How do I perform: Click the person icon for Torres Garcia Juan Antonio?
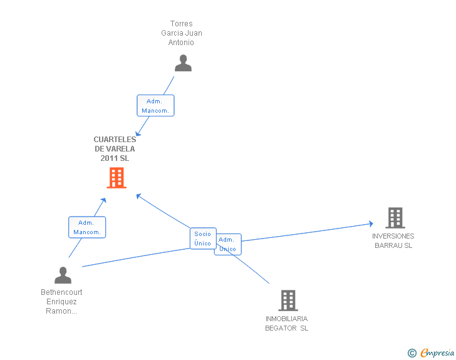(x=183, y=63)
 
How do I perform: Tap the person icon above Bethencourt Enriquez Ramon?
(x=63, y=275)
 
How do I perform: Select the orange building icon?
(x=117, y=178)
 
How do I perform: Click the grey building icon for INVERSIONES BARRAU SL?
(x=395, y=218)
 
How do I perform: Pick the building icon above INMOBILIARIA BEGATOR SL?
(x=288, y=301)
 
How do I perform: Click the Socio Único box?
(x=203, y=239)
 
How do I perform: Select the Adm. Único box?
(x=228, y=244)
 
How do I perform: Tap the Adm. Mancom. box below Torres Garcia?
(x=155, y=106)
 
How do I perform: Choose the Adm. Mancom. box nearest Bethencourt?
(x=86, y=227)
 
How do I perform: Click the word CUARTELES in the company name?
(x=115, y=140)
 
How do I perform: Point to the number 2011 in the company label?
(x=109, y=158)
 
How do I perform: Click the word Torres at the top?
(x=182, y=24)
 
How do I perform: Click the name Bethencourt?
(x=61, y=292)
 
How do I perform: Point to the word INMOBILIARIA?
(x=286, y=319)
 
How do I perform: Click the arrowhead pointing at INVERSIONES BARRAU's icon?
(x=371, y=224)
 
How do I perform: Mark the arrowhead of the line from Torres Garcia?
(x=139, y=132)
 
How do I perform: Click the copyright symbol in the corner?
(x=412, y=353)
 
